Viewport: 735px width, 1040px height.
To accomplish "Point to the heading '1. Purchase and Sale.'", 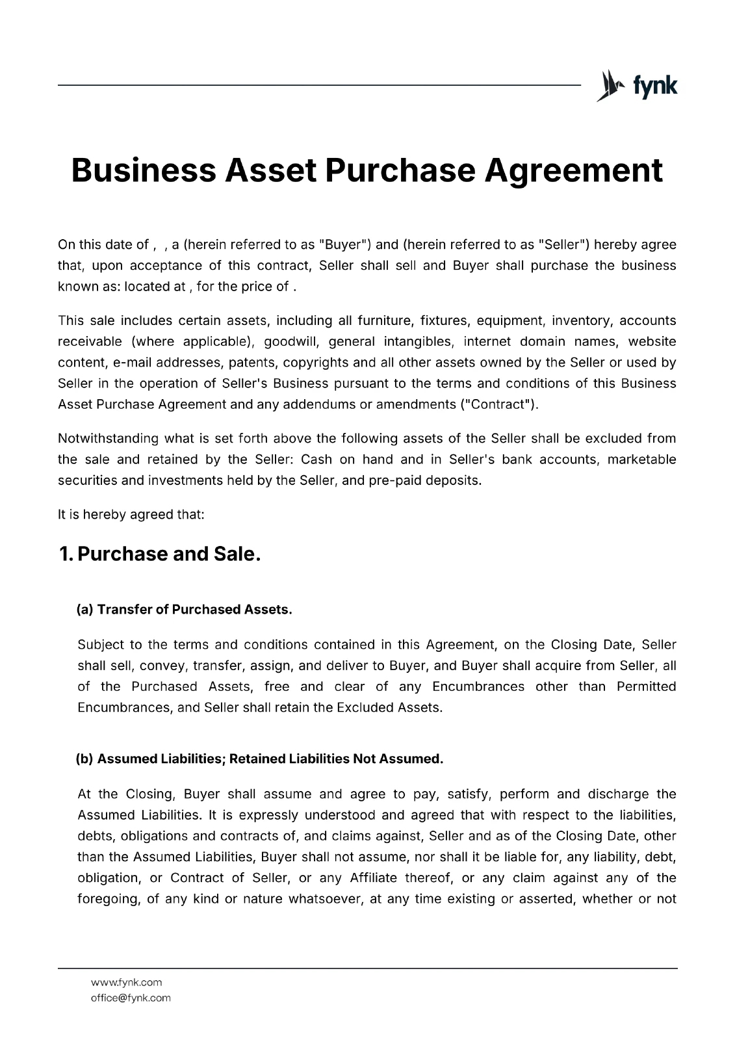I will [159, 554].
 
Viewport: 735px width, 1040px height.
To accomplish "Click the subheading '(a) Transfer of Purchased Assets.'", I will [184, 610].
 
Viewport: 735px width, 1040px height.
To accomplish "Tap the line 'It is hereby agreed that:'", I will [131, 515].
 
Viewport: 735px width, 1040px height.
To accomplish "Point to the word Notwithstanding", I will [108, 438].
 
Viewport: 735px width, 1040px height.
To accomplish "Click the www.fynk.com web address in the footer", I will [127, 982].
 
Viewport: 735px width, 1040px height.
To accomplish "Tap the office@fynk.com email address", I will [131, 998].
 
